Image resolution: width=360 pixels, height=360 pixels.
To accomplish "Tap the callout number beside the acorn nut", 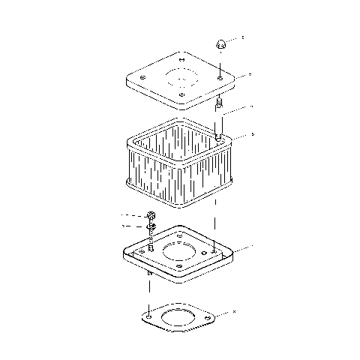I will coord(242,37).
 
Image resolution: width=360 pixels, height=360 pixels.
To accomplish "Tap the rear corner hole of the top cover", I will coord(183,58).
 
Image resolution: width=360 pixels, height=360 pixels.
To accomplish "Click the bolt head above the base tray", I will coord(151,217).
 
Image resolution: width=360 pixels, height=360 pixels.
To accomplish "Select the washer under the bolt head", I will coord(151,226).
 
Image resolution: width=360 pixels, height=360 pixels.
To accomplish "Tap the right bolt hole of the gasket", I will coord(207,323).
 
